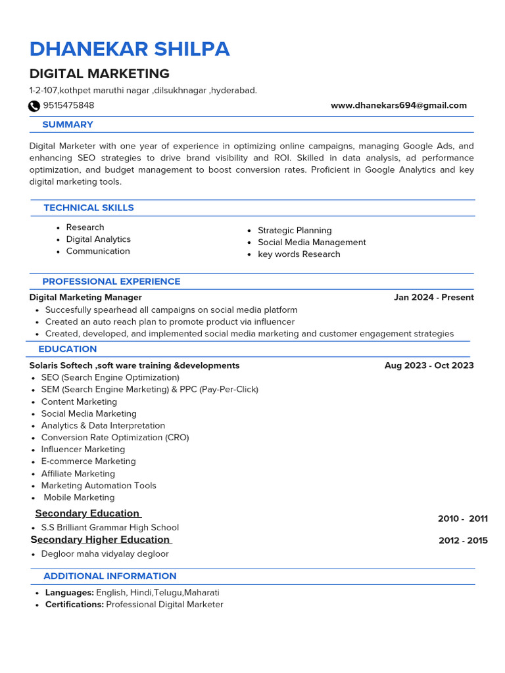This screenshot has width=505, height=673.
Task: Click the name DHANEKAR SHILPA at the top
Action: pos(130,49)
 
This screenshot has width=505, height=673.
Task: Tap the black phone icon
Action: pos(34,106)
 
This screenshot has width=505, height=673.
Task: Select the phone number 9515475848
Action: pos(68,105)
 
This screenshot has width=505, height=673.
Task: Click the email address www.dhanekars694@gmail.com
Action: pos(398,105)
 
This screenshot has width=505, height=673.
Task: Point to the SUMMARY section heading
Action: pos(68,124)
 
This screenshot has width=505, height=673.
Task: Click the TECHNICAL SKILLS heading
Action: pos(89,208)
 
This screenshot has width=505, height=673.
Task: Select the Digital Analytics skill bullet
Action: pos(98,239)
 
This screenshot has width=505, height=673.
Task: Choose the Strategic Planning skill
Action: pos(295,230)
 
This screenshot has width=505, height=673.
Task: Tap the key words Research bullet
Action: pos(299,254)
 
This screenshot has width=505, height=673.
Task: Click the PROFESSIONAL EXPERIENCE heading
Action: pos(111,281)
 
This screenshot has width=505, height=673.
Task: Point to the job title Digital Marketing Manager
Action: pos(85,297)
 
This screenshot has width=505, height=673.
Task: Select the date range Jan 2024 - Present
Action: pos(433,297)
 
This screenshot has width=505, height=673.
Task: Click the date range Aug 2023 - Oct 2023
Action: pos(429,365)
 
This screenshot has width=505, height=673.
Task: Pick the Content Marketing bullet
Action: pos(79,402)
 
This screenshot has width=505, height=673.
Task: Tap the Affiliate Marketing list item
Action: pos(78,473)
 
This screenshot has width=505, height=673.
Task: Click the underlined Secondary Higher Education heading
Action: pos(101,540)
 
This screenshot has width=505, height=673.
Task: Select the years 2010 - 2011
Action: pos(462,519)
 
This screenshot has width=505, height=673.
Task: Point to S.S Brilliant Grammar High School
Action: pos(110,527)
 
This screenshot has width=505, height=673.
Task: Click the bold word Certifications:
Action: pos(74,604)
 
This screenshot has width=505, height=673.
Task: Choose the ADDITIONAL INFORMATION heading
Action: pos(110,576)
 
